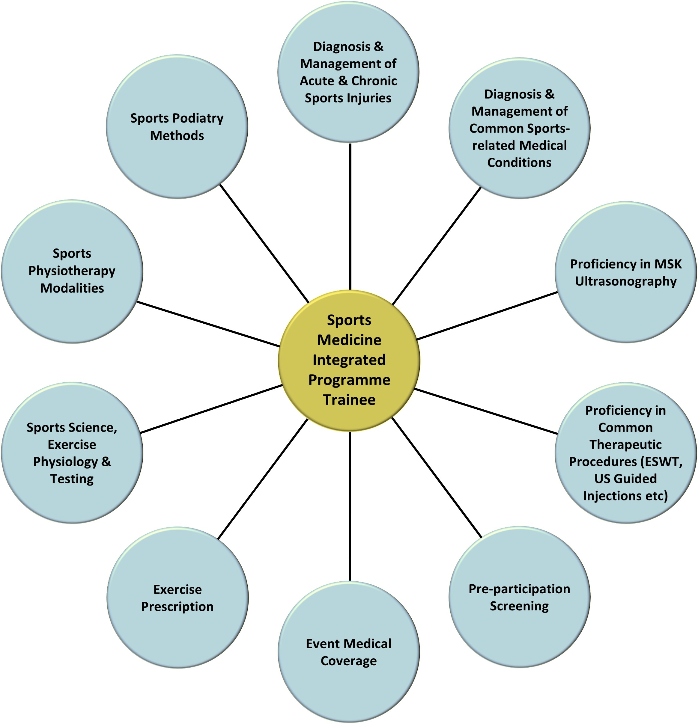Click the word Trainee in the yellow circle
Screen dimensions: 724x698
tap(349, 400)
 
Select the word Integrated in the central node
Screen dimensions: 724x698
tap(349, 360)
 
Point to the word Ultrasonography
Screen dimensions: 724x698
tap(625, 281)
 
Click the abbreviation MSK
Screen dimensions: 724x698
tap(668, 264)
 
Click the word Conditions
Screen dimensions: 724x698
tap(519, 162)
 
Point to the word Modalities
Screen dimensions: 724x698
tap(72, 288)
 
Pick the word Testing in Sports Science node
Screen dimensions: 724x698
tap(72, 479)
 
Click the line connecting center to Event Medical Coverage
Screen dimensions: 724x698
tap(350, 506)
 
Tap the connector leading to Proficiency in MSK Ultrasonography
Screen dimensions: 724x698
tap(487, 316)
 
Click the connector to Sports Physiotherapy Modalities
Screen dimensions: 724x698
tap(208, 324)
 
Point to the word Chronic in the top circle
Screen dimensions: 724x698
tap(374, 81)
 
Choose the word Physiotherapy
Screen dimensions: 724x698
tap(72, 271)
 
